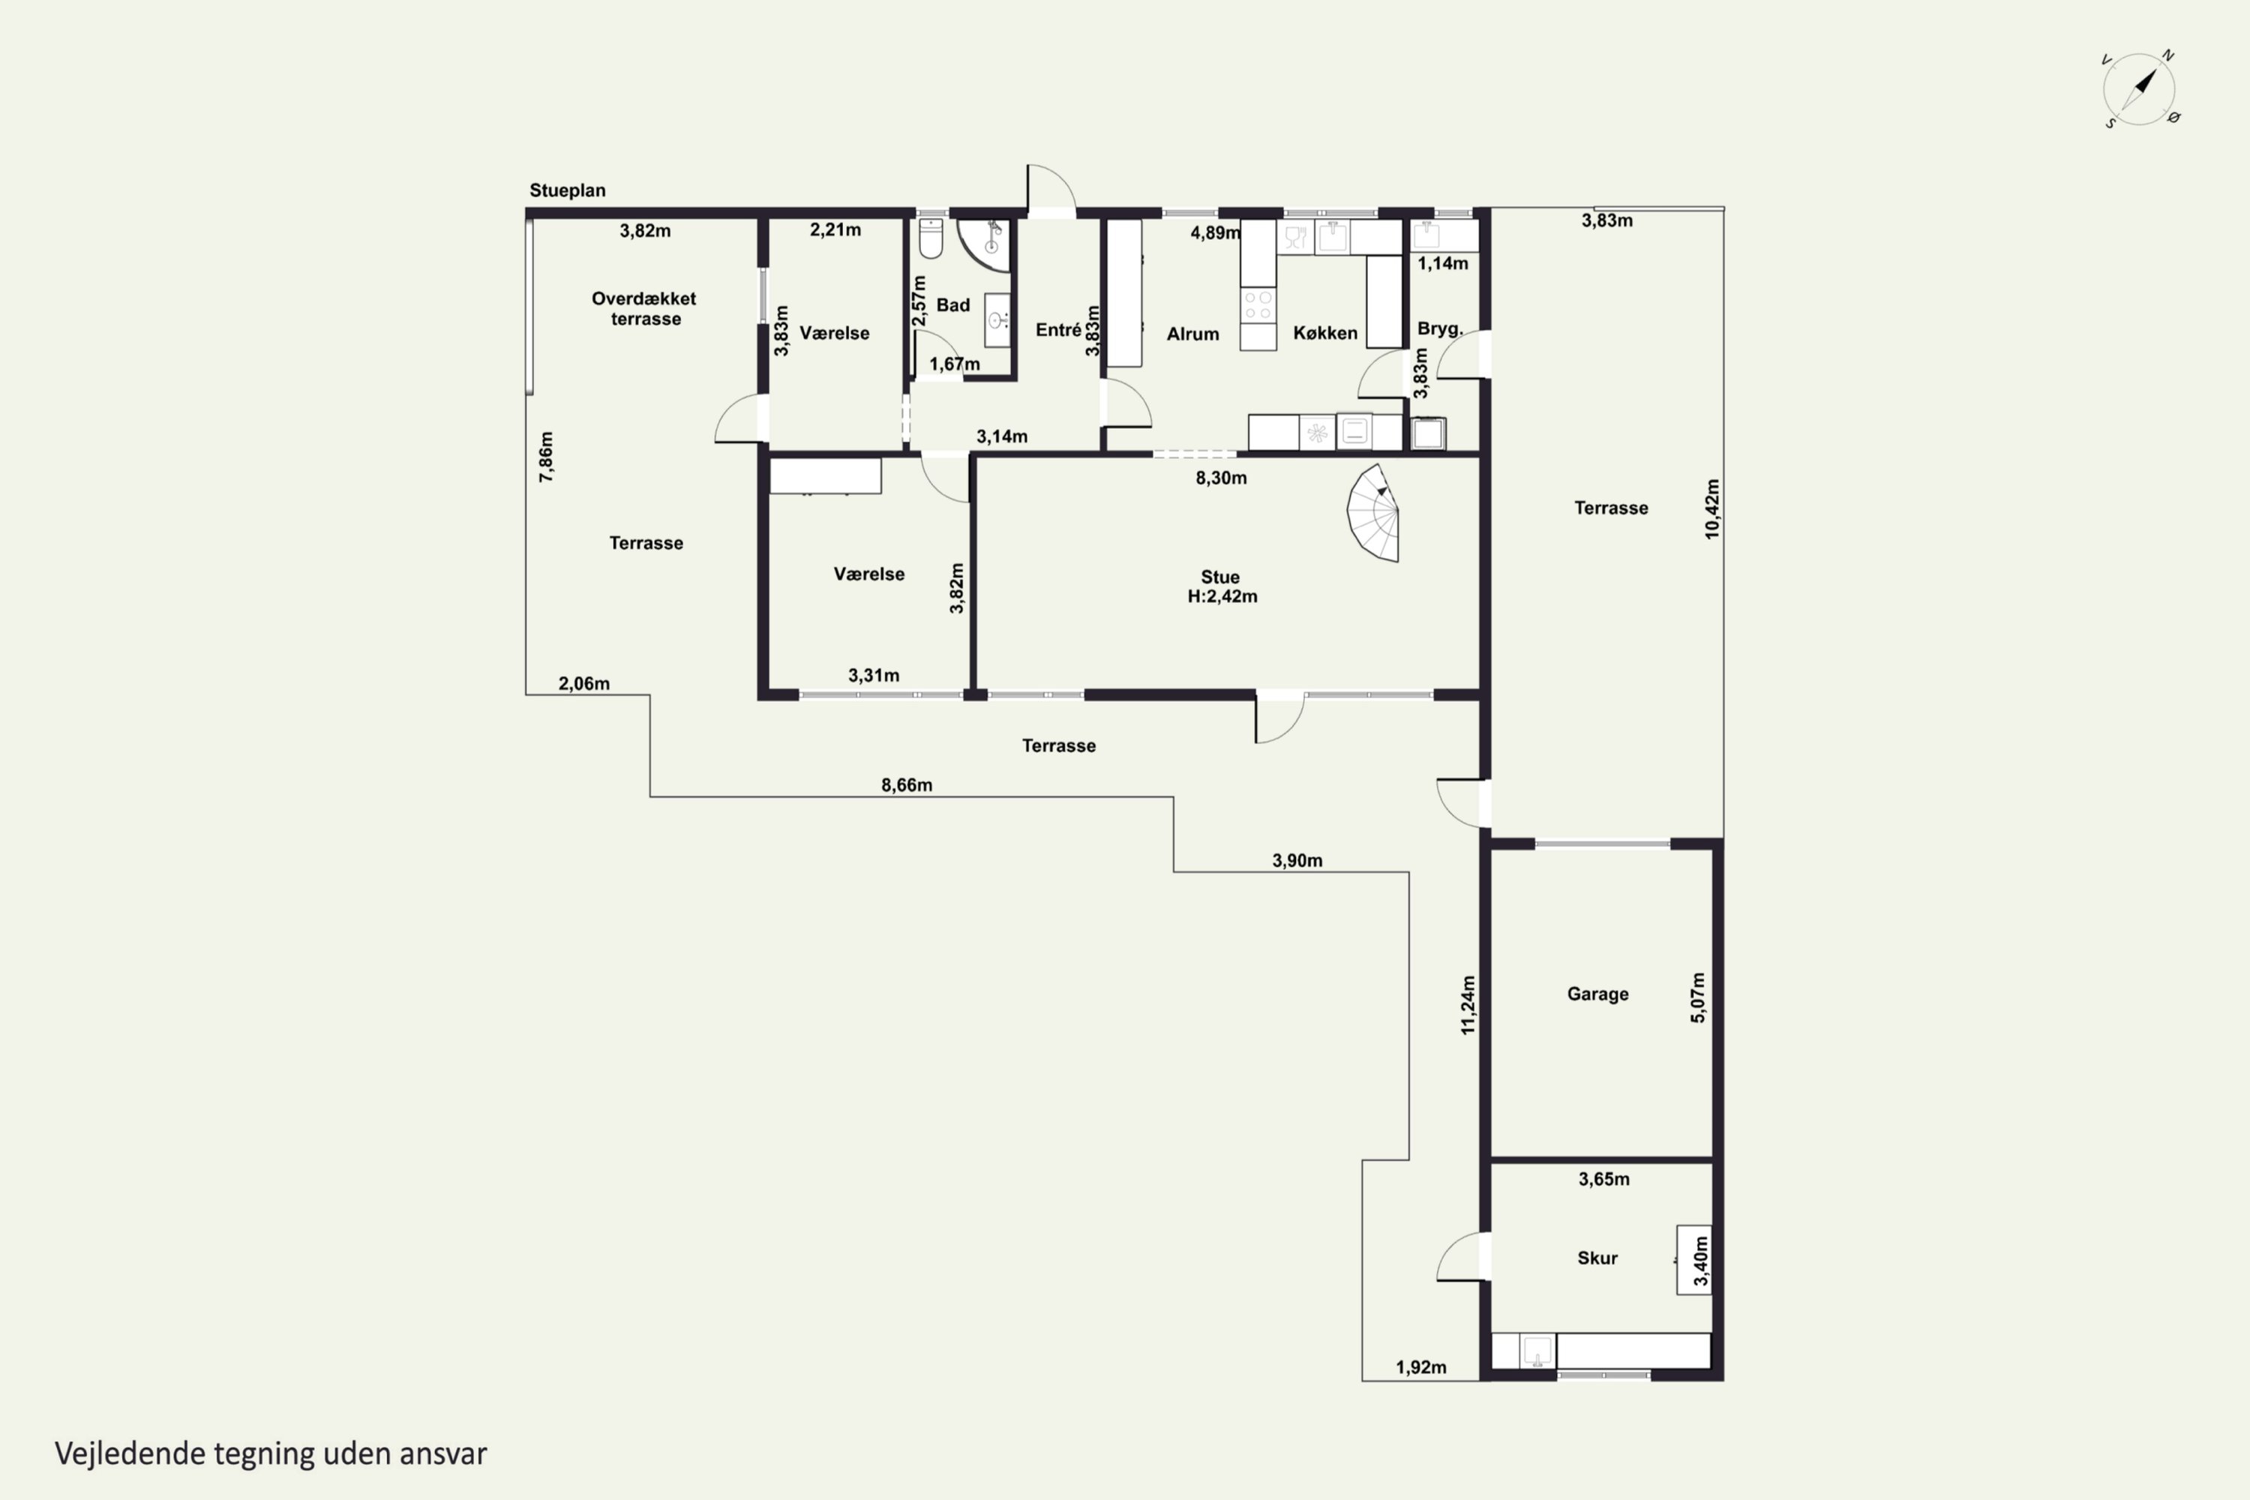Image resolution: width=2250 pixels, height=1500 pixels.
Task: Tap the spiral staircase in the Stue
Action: pyautogui.click(x=1374, y=513)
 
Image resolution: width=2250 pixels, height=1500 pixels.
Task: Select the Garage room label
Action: pyautogui.click(x=1597, y=994)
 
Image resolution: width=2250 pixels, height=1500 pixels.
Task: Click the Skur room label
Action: pyautogui.click(x=1597, y=1258)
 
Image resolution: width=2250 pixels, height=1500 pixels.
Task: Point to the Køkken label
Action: pyautogui.click(x=1325, y=333)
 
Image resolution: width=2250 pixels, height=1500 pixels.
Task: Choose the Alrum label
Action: pyautogui.click(x=1193, y=334)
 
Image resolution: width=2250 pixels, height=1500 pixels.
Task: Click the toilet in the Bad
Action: pyautogui.click(x=931, y=239)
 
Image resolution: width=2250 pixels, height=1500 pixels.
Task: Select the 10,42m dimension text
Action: pyautogui.click(x=1712, y=509)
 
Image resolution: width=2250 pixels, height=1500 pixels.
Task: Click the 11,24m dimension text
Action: pyautogui.click(x=1468, y=1004)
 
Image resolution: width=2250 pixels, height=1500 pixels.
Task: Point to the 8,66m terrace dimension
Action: pyautogui.click(x=907, y=785)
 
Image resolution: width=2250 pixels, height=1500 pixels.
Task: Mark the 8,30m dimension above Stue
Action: pyautogui.click(x=1221, y=477)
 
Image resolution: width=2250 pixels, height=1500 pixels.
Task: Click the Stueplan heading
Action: pyautogui.click(x=567, y=190)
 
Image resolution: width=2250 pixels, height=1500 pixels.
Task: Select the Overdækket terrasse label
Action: pyautogui.click(x=645, y=308)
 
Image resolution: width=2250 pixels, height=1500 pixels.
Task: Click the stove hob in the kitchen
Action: pyautogui.click(x=1258, y=305)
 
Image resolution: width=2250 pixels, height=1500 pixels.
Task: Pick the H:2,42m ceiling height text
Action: pyautogui.click(x=1222, y=596)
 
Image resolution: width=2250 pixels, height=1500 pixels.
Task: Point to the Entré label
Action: pyautogui.click(x=1058, y=330)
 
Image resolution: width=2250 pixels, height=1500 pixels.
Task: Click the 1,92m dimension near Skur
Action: pyautogui.click(x=1420, y=1367)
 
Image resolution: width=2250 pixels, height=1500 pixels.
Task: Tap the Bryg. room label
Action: pyautogui.click(x=1440, y=329)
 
